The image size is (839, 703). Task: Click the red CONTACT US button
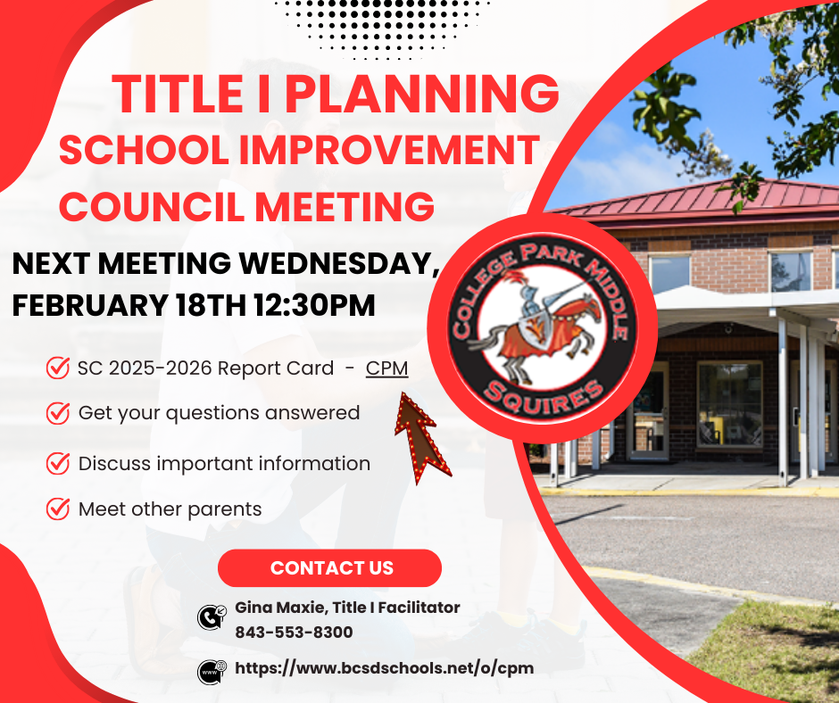330,568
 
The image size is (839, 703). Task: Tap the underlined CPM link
386,368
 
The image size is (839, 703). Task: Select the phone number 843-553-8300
294,632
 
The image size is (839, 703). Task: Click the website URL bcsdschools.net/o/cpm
384,667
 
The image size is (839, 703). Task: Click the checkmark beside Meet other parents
58,509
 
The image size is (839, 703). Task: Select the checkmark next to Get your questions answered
58,413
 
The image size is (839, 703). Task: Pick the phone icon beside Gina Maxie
210,616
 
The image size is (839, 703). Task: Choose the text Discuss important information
224,464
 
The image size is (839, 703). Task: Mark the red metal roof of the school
705,198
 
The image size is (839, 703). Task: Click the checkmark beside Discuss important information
58,463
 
